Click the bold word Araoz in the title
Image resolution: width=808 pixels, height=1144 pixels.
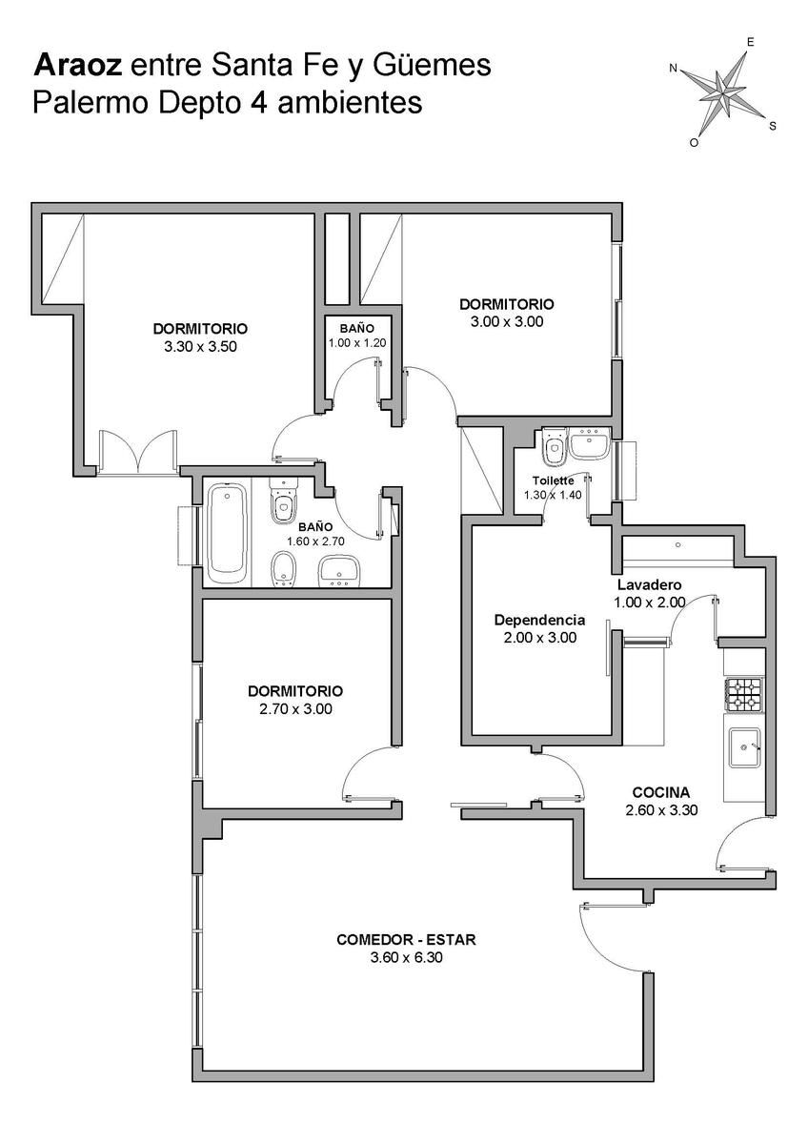tap(77, 66)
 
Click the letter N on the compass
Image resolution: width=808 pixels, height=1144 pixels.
tap(674, 68)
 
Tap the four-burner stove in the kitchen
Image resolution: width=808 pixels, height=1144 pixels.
tap(744, 695)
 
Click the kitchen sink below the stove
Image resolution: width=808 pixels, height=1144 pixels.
tap(745, 747)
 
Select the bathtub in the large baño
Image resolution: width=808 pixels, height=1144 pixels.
tap(227, 534)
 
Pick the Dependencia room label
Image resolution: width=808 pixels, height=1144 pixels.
tap(539, 620)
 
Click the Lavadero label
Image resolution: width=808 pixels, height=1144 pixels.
tap(649, 584)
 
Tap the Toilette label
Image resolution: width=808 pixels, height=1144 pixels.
tap(553, 480)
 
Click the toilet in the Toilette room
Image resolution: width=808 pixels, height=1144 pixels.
tap(555, 447)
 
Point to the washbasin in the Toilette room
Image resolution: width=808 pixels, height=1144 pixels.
tap(589, 443)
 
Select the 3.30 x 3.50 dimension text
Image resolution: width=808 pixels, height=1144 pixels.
tap(201, 347)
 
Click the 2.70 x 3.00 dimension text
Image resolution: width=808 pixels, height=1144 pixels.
tap(295, 709)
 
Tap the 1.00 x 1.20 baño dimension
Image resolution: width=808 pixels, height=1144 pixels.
tap(356, 342)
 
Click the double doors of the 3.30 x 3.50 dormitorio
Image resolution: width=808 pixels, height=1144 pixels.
tap(138, 453)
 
